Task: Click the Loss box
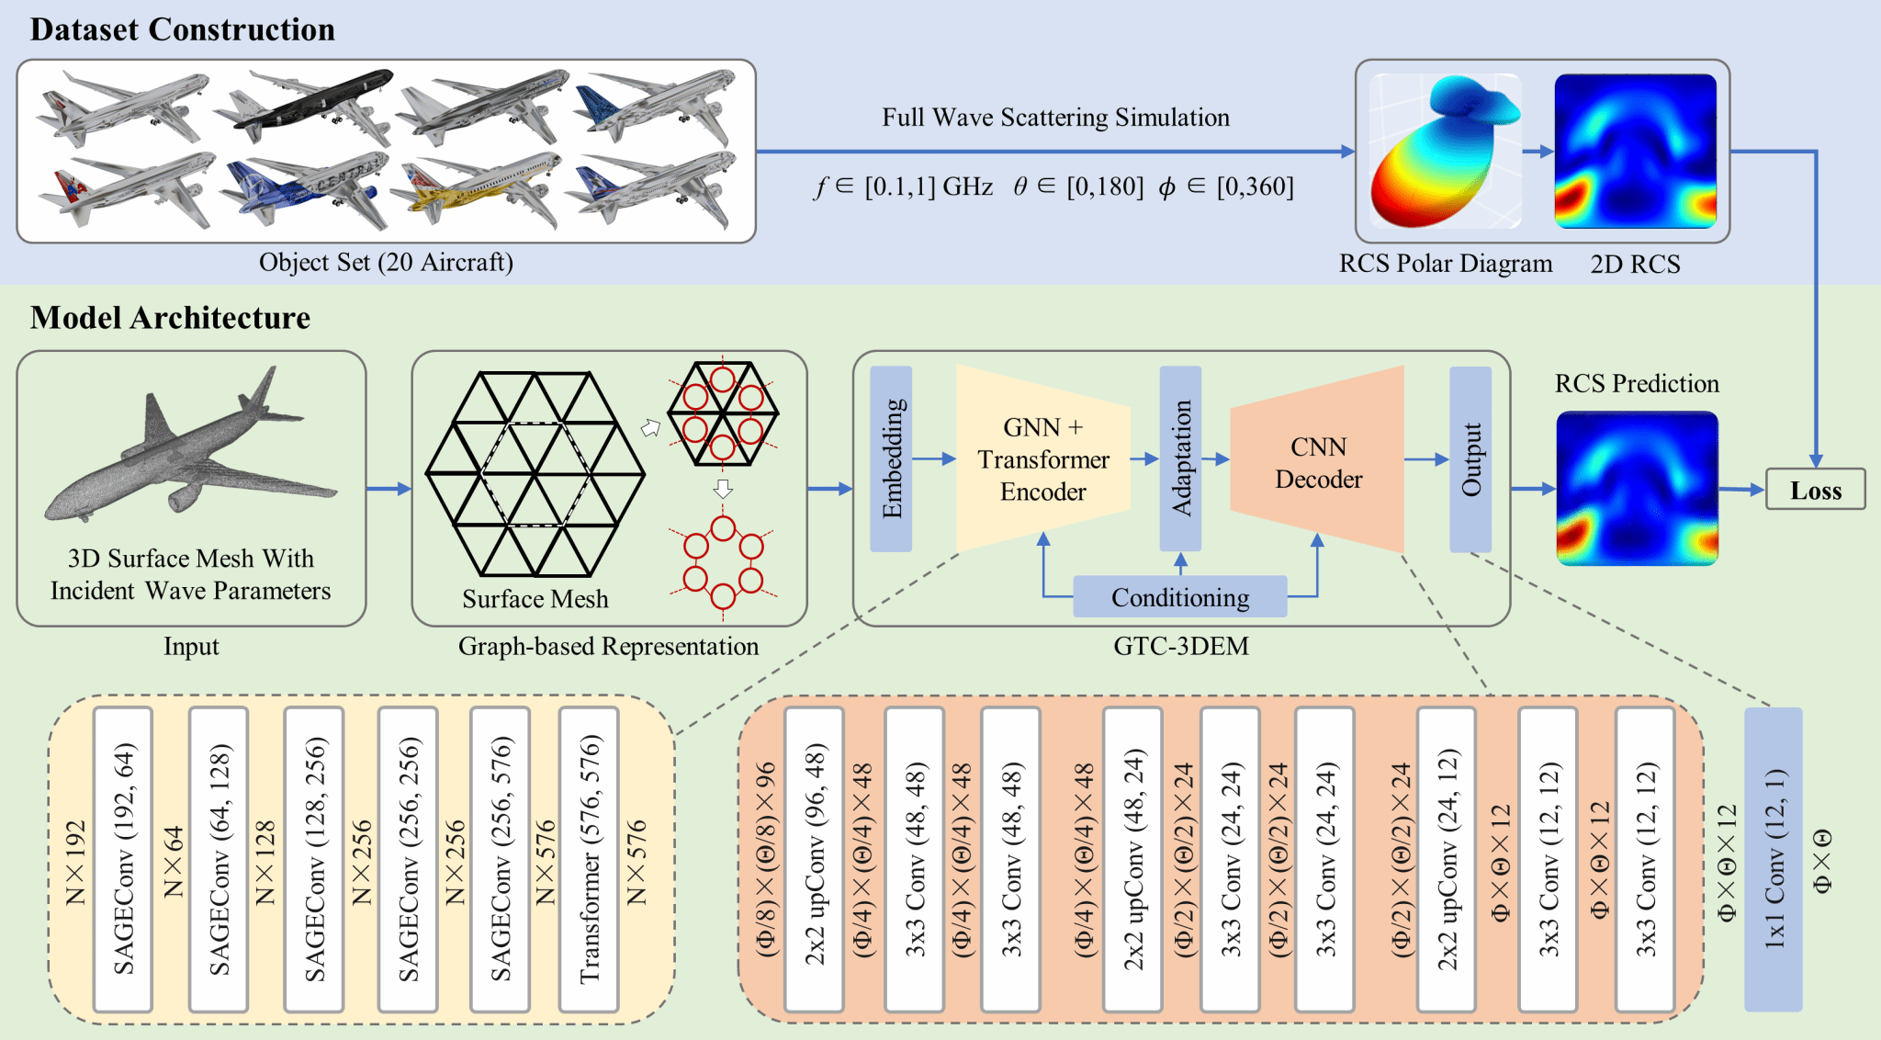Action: tap(1815, 490)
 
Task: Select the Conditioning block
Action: tap(1180, 597)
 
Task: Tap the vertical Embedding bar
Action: tap(891, 458)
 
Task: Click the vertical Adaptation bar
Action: tap(1180, 458)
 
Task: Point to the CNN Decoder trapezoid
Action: tap(1318, 462)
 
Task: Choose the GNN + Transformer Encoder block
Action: tap(1043, 459)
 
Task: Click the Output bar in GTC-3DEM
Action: tap(1470, 459)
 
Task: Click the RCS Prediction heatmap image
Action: tap(1637, 488)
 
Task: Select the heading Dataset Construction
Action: tap(182, 29)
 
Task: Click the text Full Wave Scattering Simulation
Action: tap(1055, 118)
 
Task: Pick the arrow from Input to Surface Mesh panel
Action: tap(389, 489)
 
